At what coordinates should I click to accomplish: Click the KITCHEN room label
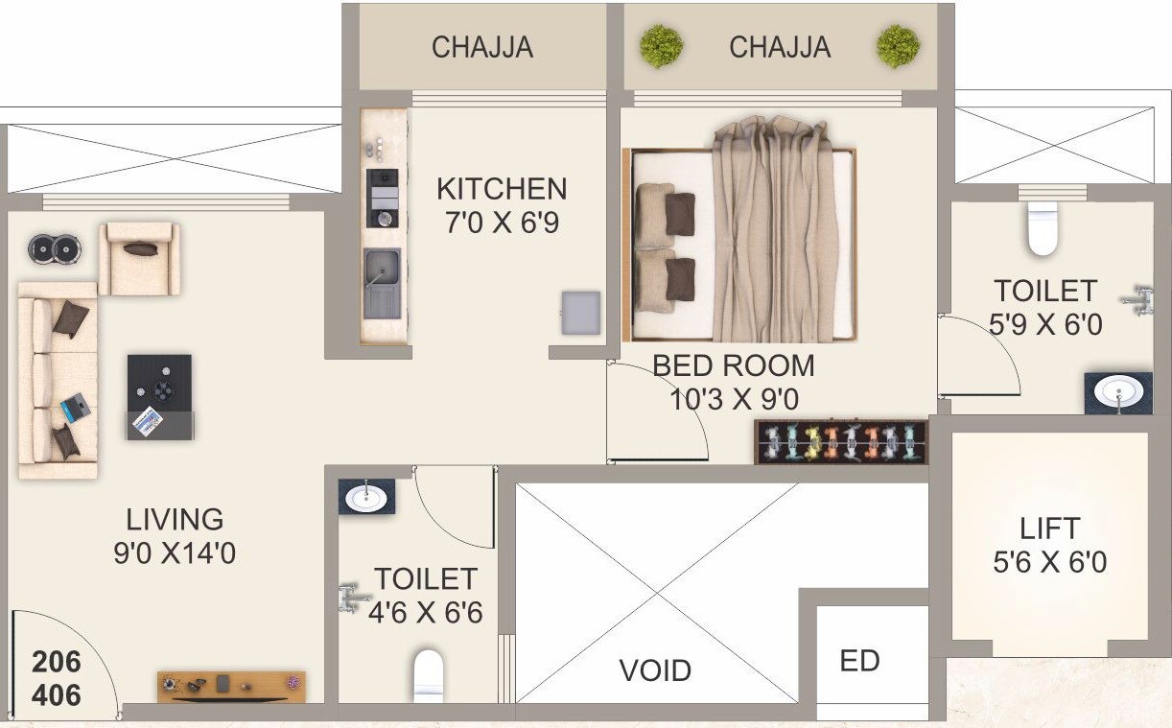tap(502, 188)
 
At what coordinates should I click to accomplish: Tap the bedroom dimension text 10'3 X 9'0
tap(735, 398)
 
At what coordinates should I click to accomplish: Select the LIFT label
tap(1050, 528)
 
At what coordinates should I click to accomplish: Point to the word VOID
tap(655, 669)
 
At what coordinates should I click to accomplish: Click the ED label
tap(859, 661)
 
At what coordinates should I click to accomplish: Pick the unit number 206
tap(57, 662)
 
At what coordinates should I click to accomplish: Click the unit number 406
tap(57, 694)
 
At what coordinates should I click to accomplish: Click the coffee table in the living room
tap(159, 396)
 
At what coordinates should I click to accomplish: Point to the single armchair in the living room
tap(140, 258)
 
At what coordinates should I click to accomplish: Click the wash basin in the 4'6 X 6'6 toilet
tap(365, 497)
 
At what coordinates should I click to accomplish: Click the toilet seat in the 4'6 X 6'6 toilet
tap(429, 675)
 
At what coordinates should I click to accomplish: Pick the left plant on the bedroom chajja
tap(661, 44)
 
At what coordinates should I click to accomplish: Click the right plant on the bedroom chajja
tap(898, 45)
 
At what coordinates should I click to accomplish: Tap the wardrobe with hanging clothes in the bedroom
tap(841, 442)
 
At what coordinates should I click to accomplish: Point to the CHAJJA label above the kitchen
tap(481, 47)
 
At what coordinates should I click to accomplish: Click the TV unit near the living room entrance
tap(231, 685)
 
